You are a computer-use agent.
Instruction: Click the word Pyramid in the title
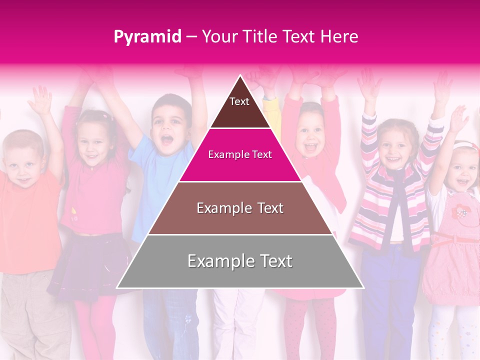click(147, 37)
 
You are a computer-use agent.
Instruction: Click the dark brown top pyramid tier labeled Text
click(240, 107)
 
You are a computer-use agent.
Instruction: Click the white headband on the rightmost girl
click(465, 146)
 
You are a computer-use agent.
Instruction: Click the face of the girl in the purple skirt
click(93, 140)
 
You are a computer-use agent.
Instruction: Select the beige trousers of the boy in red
click(30, 310)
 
